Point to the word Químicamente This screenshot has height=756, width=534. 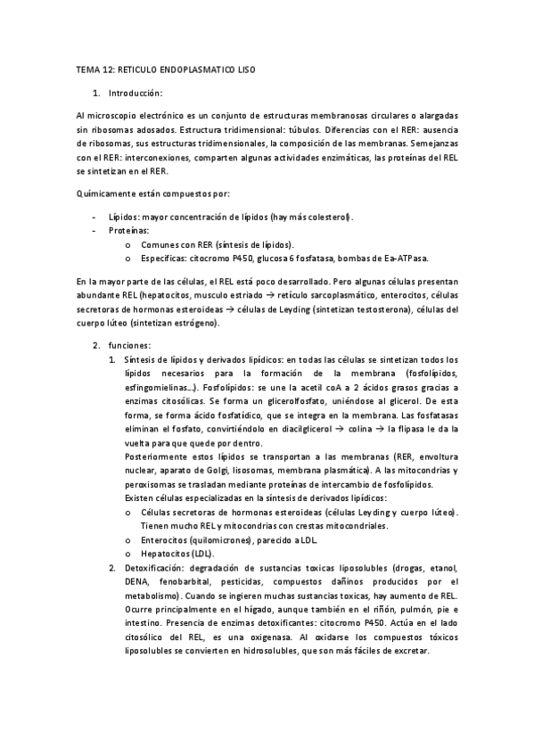click(x=109, y=193)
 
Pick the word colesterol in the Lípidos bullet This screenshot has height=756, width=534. click(x=328, y=217)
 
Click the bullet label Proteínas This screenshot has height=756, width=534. click(x=130, y=230)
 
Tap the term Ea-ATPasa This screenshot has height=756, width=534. click(x=403, y=259)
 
